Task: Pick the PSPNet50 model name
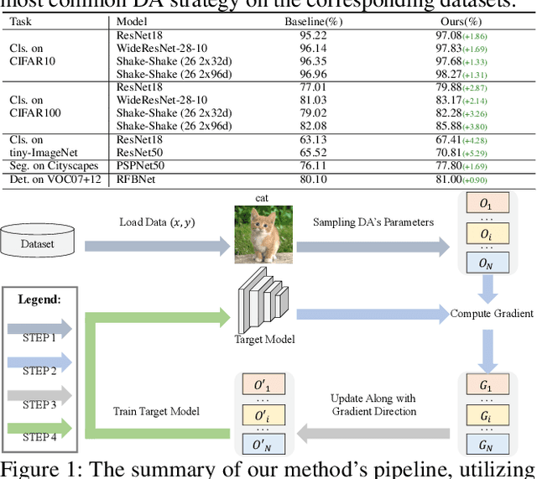point(140,166)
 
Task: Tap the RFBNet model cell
point(135,180)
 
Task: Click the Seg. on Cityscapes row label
point(53,166)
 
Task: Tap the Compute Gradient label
point(492,314)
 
